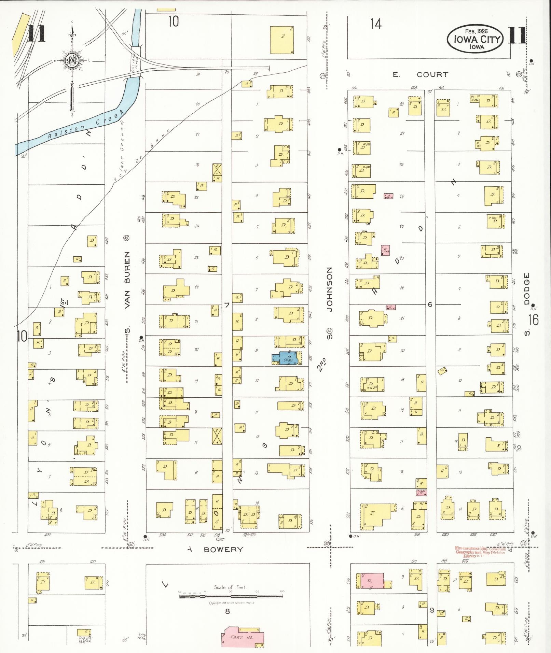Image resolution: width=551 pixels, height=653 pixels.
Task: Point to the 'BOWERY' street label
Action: tap(223, 549)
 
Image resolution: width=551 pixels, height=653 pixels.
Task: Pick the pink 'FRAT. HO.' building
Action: tap(243, 637)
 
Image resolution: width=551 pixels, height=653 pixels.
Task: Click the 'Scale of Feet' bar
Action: tap(231, 596)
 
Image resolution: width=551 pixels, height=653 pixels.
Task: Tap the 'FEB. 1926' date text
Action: tap(476, 31)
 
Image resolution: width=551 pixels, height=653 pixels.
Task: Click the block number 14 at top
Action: tap(375, 24)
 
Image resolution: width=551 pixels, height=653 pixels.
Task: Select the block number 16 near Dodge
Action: tap(533, 320)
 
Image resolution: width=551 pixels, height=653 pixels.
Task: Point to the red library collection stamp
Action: tap(480, 552)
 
